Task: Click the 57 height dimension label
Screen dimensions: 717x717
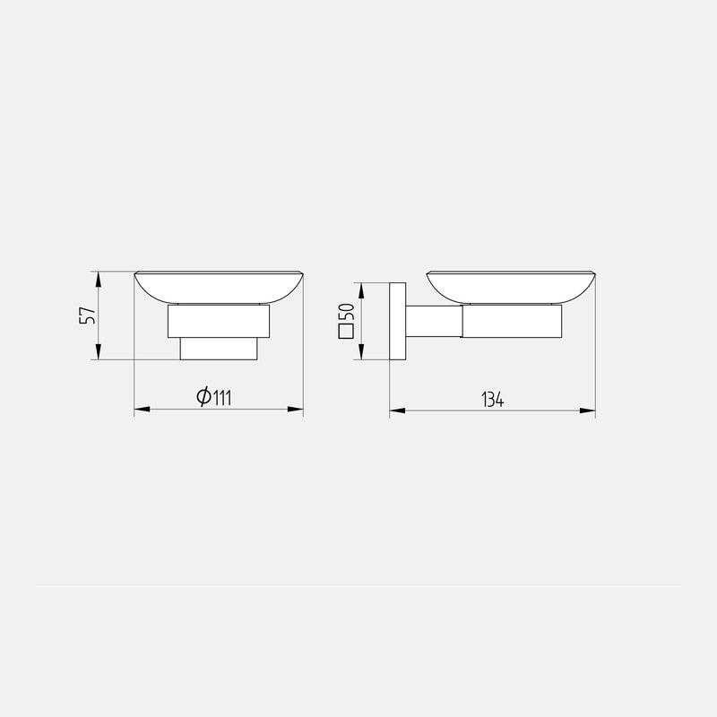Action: coord(87,315)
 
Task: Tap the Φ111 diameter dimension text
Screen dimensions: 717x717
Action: coord(214,397)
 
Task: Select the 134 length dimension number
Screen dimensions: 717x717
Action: coord(493,400)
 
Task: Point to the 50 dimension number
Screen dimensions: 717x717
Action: coord(347,313)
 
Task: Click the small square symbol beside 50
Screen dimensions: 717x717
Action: coord(347,332)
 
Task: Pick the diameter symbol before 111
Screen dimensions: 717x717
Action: coord(203,397)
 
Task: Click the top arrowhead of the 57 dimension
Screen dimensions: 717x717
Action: coord(98,279)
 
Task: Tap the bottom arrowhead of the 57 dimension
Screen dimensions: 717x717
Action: coord(98,352)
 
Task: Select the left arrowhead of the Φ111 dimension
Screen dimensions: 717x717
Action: coord(142,410)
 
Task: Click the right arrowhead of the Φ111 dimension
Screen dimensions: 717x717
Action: coord(296,410)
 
